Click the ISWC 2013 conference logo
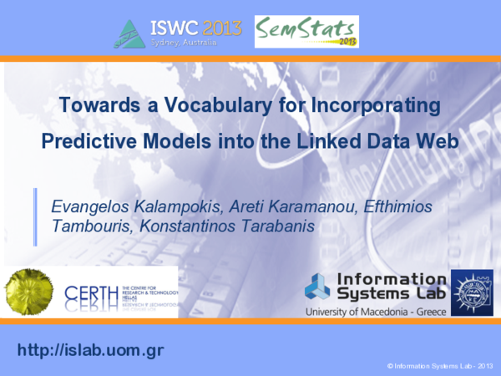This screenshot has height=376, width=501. (x=180, y=32)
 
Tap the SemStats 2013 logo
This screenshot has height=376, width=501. (x=306, y=32)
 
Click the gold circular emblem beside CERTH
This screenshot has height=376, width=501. (x=29, y=292)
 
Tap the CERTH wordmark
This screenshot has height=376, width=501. (x=92, y=295)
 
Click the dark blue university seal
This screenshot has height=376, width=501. (x=471, y=292)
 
